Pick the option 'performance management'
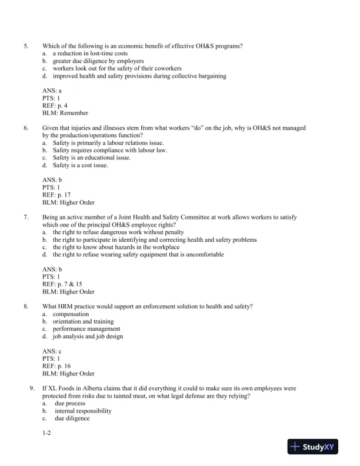click(86, 329)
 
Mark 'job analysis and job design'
click(88, 337)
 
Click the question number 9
click(32, 388)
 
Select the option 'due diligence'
click(72, 419)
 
